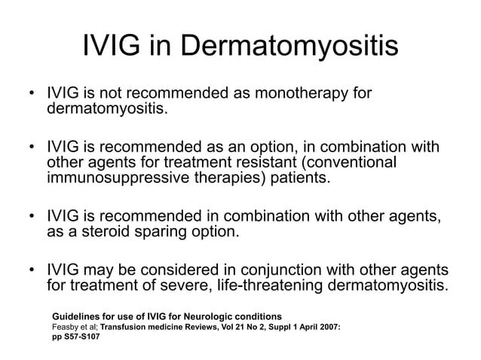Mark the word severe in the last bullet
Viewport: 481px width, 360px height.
pos(185,286)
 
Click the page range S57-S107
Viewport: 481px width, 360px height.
pos(83,337)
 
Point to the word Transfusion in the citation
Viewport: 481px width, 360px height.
pos(133,325)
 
